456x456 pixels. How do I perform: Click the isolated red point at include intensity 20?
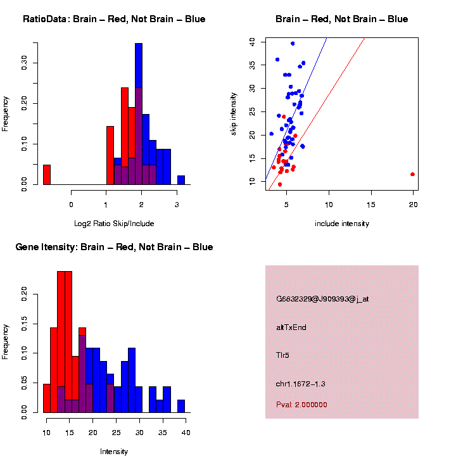click(x=412, y=174)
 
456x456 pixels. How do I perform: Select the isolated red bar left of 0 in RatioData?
click(x=47, y=174)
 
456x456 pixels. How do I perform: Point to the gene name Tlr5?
click(x=283, y=355)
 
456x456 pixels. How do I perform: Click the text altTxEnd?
click(x=291, y=327)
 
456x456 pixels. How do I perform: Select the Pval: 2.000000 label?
click(x=301, y=405)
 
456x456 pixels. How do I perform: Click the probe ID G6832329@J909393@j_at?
click(x=322, y=299)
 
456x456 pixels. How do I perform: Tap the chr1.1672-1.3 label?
click(x=301, y=384)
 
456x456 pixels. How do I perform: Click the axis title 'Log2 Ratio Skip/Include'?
click(x=114, y=223)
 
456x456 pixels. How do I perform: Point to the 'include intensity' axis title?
click(x=342, y=224)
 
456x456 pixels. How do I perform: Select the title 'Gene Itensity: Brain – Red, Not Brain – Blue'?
click(x=114, y=247)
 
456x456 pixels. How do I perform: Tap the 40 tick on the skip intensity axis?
click(x=252, y=41)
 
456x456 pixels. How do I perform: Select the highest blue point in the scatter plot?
click(x=293, y=44)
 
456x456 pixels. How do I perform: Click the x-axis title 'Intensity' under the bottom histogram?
click(x=114, y=452)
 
